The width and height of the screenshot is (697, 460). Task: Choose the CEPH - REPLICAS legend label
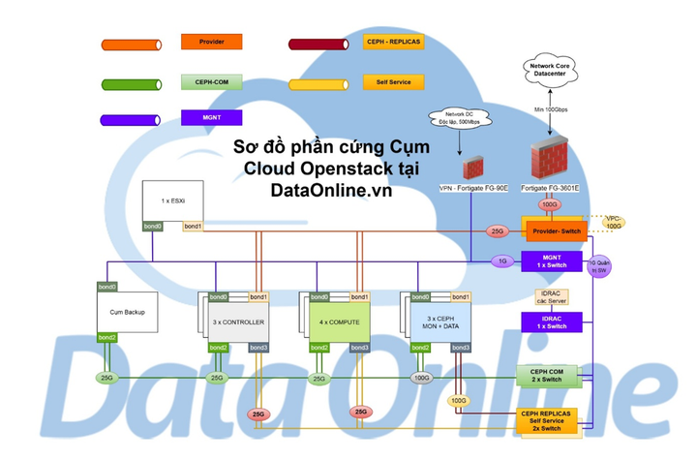point(387,43)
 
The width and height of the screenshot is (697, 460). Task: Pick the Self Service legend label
point(387,82)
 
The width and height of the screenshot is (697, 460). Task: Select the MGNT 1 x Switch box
point(553,260)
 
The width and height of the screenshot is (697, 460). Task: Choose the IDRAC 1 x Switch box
point(553,321)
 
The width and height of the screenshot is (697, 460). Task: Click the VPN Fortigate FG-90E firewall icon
point(473,167)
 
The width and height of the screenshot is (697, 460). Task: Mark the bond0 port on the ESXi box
point(153,227)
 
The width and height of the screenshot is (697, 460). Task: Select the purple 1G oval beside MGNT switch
point(500,261)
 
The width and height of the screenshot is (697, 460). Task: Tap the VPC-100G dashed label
point(611,222)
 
